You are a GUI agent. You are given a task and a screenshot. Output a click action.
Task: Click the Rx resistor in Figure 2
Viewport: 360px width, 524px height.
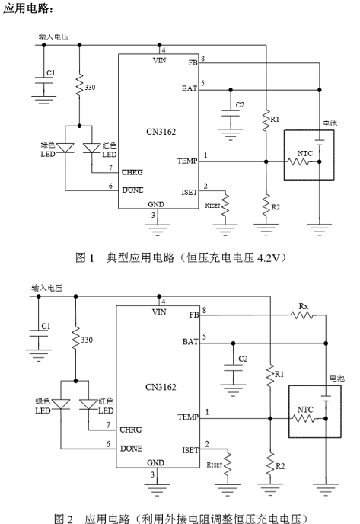click(x=302, y=315)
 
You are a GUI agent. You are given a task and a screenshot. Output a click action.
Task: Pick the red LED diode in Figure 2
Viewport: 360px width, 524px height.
click(x=88, y=404)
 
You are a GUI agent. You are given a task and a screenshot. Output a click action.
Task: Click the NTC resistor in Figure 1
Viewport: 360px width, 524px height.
click(x=298, y=161)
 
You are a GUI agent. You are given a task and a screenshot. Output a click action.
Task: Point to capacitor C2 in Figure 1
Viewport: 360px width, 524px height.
click(x=231, y=113)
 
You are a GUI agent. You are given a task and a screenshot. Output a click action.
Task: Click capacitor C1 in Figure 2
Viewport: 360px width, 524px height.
click(x=38, y=333)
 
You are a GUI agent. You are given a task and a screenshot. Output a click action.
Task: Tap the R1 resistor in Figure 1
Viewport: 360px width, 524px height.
click(x=266, y=120)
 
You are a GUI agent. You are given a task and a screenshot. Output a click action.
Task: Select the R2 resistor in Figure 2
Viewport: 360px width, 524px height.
click(x=270, y=463)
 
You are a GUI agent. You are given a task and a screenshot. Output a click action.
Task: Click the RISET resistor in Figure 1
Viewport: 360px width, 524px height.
click(x=225, y=204)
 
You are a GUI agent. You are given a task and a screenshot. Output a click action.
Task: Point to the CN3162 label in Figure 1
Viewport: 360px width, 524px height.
click(x=161, y=132)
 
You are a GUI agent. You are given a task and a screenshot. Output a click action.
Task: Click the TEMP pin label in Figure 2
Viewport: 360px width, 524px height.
click(x=188, y=417)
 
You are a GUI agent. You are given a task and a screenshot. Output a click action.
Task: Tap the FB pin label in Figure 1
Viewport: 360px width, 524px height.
click(x=193, y=62)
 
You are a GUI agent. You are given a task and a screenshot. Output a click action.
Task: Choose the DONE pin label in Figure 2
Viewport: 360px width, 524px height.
click(x=131, y=449)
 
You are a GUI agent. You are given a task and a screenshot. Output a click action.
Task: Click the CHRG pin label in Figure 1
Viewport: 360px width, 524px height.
click(x=132, y=172)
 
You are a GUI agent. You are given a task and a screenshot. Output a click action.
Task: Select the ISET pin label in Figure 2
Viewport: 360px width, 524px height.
click(x=190, y=450)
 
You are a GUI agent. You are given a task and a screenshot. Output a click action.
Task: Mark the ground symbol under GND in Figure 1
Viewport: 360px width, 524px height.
click(x=158, y=230)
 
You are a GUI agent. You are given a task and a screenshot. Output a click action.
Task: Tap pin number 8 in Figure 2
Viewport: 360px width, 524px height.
click(x=204, y=311)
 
